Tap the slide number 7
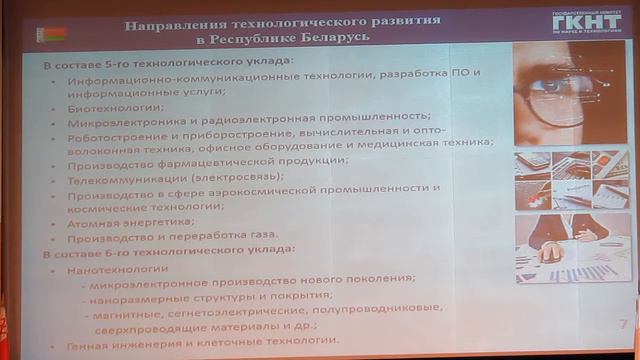click(623, 323)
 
